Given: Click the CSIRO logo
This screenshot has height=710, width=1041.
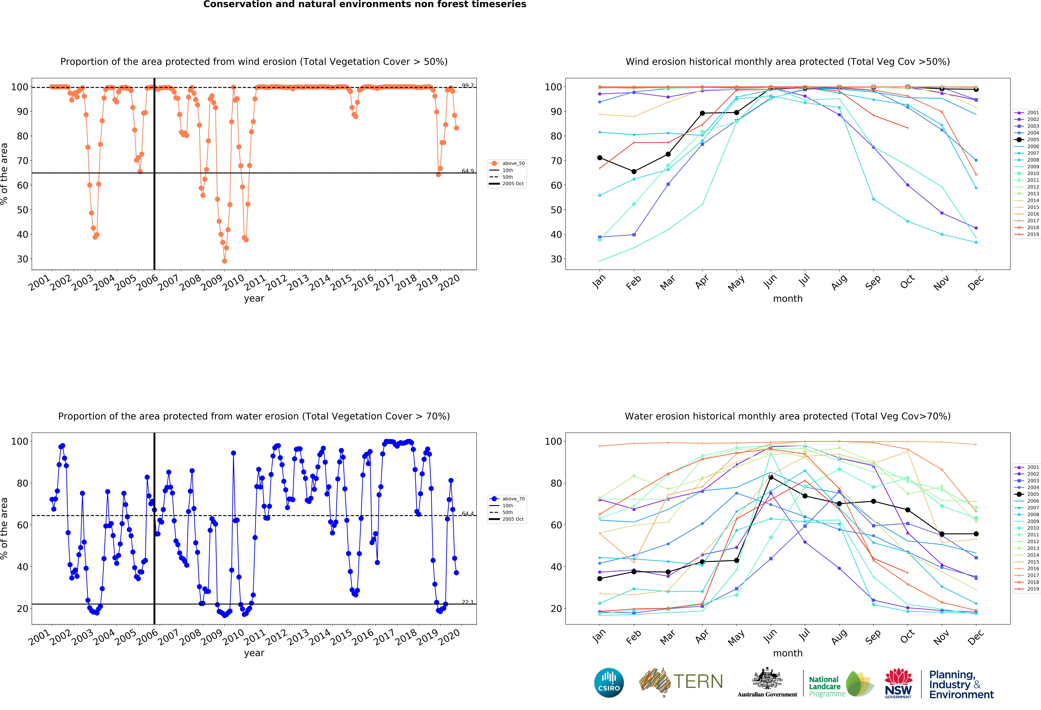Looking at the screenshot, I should point(609,683).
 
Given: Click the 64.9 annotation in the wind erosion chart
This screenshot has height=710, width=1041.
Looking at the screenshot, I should point(468,171).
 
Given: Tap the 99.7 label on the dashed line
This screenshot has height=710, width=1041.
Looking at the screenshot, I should point(468,85).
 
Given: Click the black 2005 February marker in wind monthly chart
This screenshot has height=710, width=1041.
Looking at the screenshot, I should point(634,172).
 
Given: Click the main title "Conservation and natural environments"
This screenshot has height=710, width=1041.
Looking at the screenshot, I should point(365,4).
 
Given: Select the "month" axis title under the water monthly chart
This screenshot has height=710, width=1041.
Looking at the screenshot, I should point(787,653).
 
